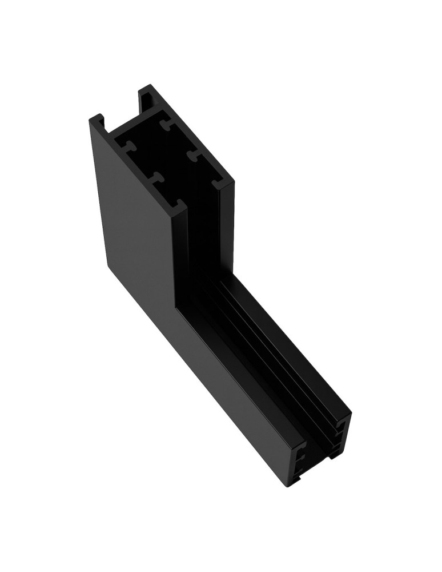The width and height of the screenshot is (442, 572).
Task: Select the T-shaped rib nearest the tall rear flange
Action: click(x=167, y=125)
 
